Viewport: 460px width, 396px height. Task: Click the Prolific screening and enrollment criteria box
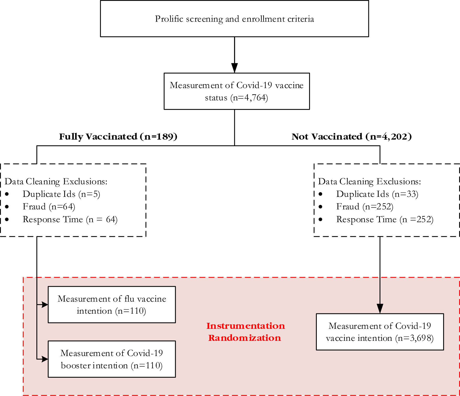(234, 19)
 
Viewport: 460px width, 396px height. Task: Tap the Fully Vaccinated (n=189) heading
(118, 136)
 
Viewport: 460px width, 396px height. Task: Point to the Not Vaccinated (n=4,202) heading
(351, 136)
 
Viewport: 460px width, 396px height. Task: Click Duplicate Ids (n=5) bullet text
(61, 194)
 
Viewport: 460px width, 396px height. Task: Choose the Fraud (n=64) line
(49, 206)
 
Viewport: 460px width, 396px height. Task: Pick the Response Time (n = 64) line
(70, 219)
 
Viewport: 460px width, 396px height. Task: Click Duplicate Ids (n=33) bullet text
(377, 194)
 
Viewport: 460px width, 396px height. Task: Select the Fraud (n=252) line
(365, 206)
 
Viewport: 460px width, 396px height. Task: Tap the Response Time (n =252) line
(385, 219)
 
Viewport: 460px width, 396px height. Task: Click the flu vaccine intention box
(112, 305)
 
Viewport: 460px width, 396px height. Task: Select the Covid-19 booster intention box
(112, 359)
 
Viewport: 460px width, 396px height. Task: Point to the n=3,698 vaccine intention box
(380, 332)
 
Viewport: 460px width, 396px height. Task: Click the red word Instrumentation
(245, 326)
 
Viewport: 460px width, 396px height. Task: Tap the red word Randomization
(245, 338)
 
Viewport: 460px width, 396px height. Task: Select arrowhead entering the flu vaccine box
(45, 305)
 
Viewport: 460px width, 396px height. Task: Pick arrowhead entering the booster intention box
(45, 359)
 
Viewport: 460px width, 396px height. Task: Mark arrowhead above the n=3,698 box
(380, 309)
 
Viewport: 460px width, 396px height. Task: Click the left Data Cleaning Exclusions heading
(56, 181)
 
